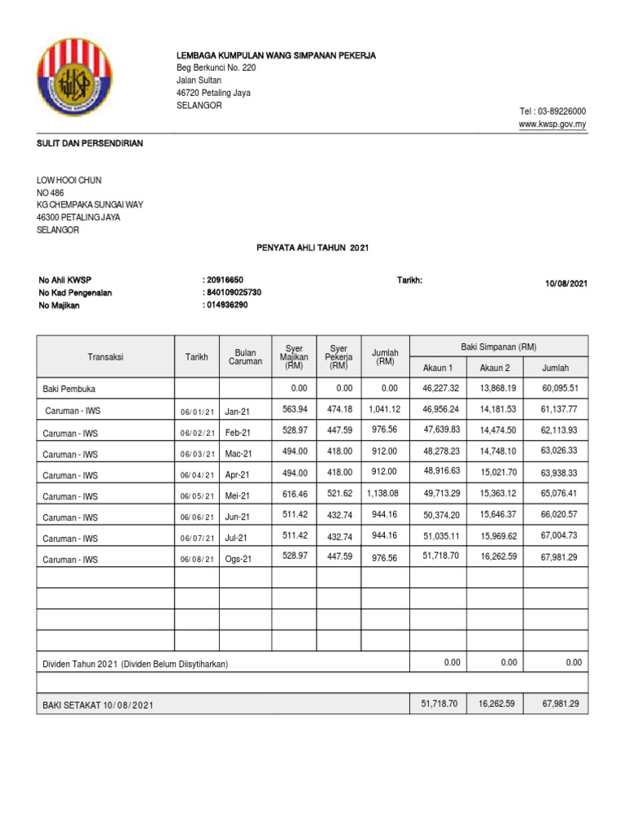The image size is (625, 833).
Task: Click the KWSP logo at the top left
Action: [80, 80]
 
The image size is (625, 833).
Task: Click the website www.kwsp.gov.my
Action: [553, 124]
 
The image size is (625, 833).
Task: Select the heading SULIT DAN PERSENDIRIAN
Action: [90, 143]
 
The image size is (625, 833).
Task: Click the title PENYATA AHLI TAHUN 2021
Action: [312, 247]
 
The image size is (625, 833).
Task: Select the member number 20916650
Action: [225, 280]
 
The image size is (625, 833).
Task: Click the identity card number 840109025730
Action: [234, 292]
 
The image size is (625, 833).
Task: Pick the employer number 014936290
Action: [227, 305]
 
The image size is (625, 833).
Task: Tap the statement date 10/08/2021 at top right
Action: [566, 284]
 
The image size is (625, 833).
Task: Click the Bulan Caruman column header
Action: [245, 356]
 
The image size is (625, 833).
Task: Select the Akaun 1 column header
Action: [438, 369]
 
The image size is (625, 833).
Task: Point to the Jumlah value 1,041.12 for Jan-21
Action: [384, 409]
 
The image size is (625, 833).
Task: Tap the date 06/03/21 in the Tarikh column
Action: [198, 453]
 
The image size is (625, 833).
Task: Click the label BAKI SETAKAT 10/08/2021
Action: [98, 705]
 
